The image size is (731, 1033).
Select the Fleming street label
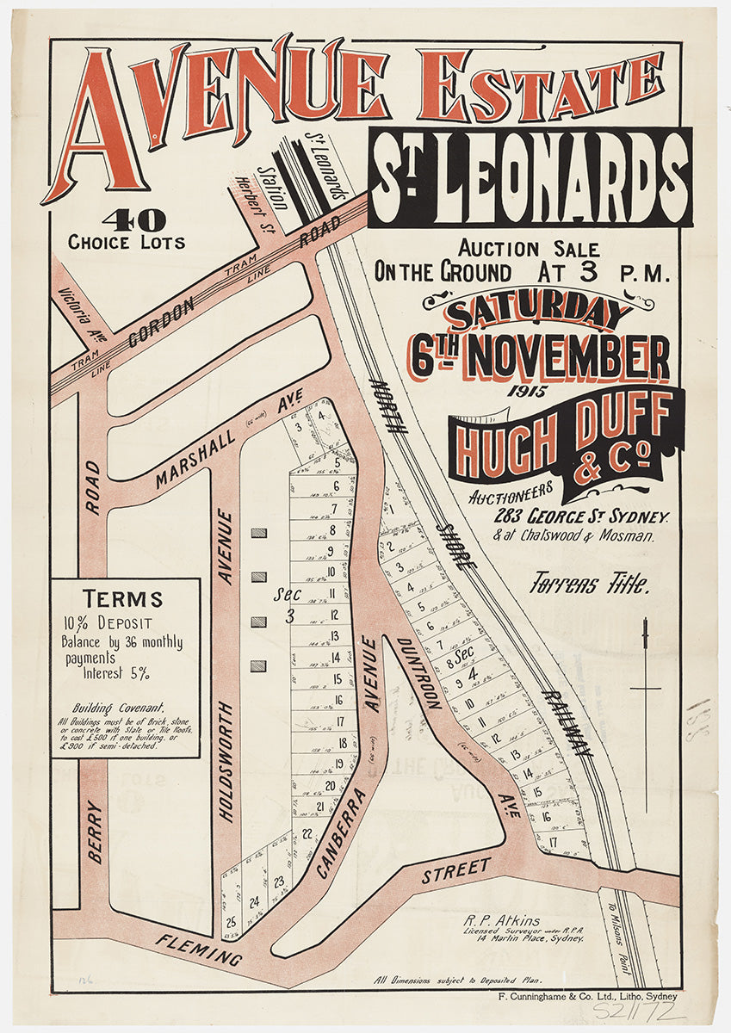[199, 950]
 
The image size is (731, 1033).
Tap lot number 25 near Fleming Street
[231, 922]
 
